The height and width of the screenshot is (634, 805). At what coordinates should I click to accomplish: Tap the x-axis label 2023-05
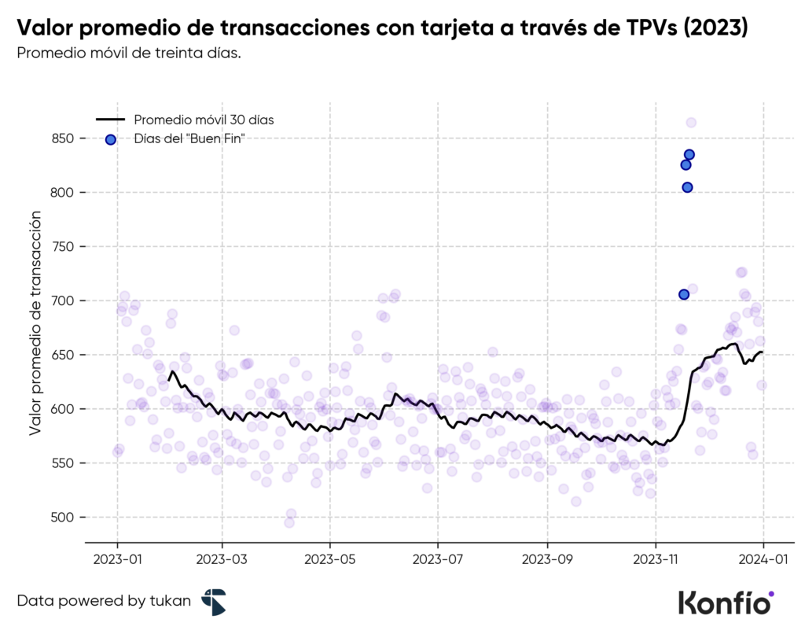[x=329, y=564]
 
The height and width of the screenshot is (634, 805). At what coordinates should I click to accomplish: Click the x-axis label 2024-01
[x=763, y=564]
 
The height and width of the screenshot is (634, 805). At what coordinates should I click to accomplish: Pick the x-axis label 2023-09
[x=546, y=564]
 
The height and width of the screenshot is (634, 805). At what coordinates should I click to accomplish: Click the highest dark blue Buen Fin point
[x=689, y=154]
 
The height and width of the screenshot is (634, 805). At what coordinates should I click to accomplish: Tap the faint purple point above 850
[x=691, y=123]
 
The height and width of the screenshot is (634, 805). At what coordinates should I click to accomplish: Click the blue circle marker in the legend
[x=111, y=139]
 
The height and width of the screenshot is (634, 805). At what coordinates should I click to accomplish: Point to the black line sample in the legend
[x=111, y=120]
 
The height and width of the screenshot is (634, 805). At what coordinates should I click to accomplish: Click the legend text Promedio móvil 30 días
[x=203, y=120]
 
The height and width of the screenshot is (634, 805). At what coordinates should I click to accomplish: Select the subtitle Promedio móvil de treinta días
[x=129, y=53]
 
